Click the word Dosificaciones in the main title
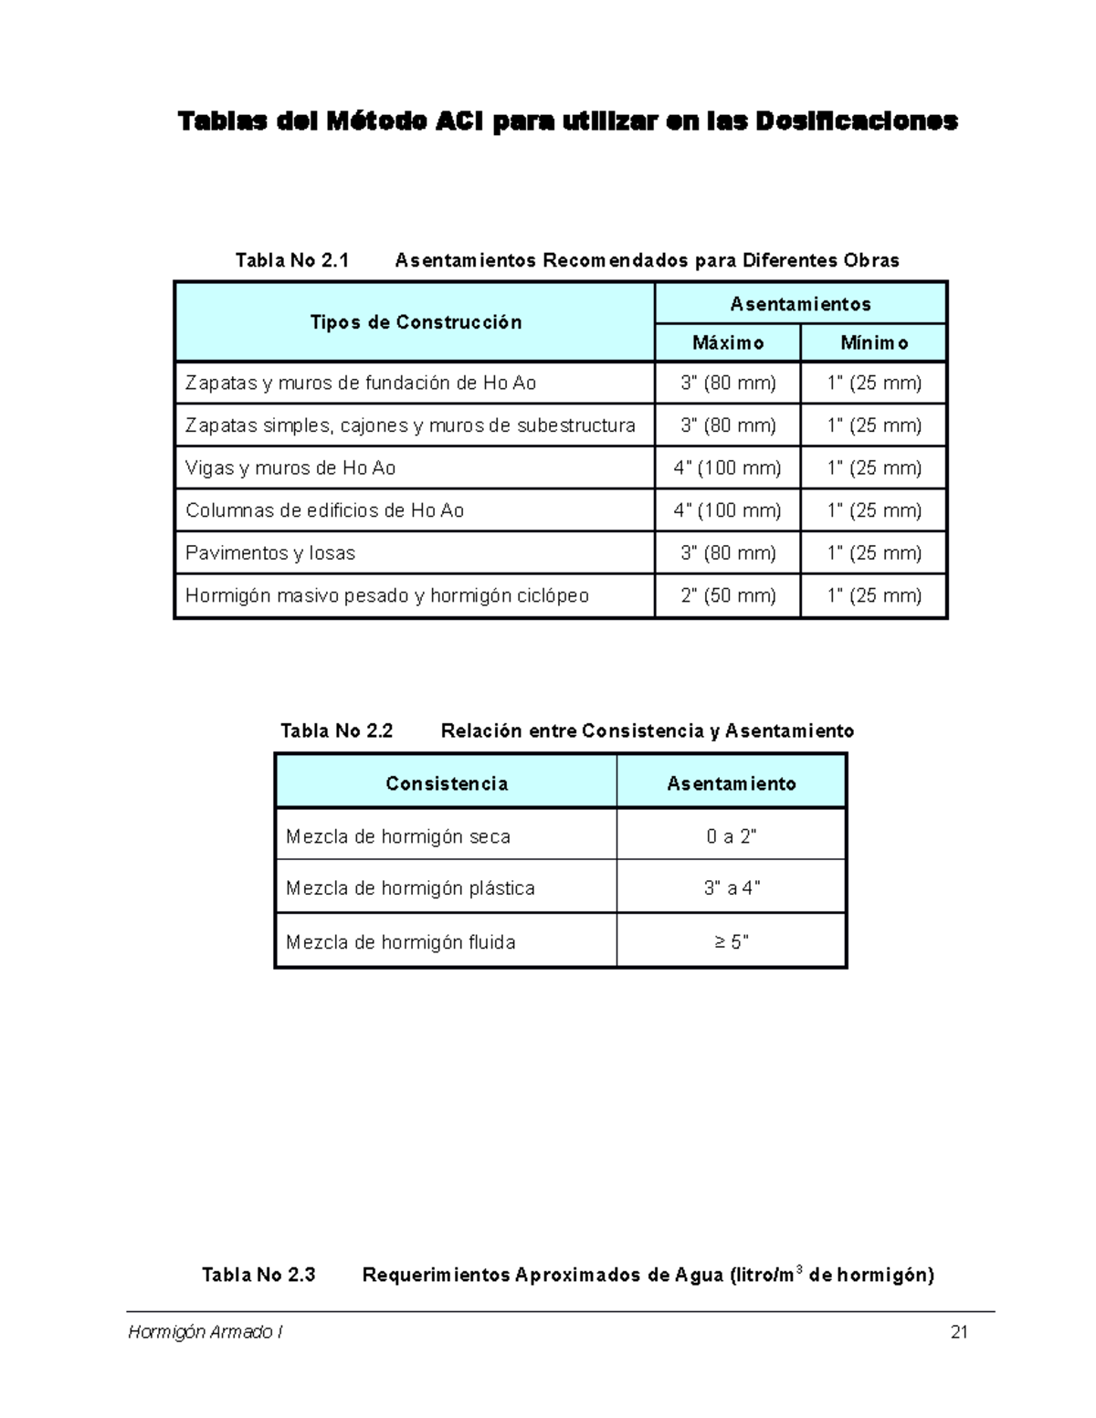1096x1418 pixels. coord(856,121)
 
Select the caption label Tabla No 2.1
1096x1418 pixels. coord(292,260)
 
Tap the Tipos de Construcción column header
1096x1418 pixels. coord(416,322)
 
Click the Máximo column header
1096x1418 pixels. coord(728,343)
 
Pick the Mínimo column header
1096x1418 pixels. coord(874,343)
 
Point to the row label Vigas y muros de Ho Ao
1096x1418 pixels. coord(290,468)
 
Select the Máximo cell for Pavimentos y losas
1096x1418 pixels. coord(728,553)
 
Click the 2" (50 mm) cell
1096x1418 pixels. coord(728,596)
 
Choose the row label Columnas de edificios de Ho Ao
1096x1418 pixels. coord(324,510)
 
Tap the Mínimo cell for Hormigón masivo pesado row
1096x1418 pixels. coord(874,596)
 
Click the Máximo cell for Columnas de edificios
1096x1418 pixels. coord(728,510)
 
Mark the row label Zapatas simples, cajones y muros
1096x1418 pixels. coord(410,425)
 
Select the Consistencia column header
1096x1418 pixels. coord(447,783)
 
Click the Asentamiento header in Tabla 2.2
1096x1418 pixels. coord(732,783)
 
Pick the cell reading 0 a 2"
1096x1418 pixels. coord(732,836)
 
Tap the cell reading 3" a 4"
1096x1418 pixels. coord(732,888)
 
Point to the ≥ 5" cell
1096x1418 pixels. coord(732,942)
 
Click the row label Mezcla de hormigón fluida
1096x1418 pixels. coord(400,942)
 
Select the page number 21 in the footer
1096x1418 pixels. coord(959,1332)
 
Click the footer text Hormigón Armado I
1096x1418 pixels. coord(205,1332)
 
